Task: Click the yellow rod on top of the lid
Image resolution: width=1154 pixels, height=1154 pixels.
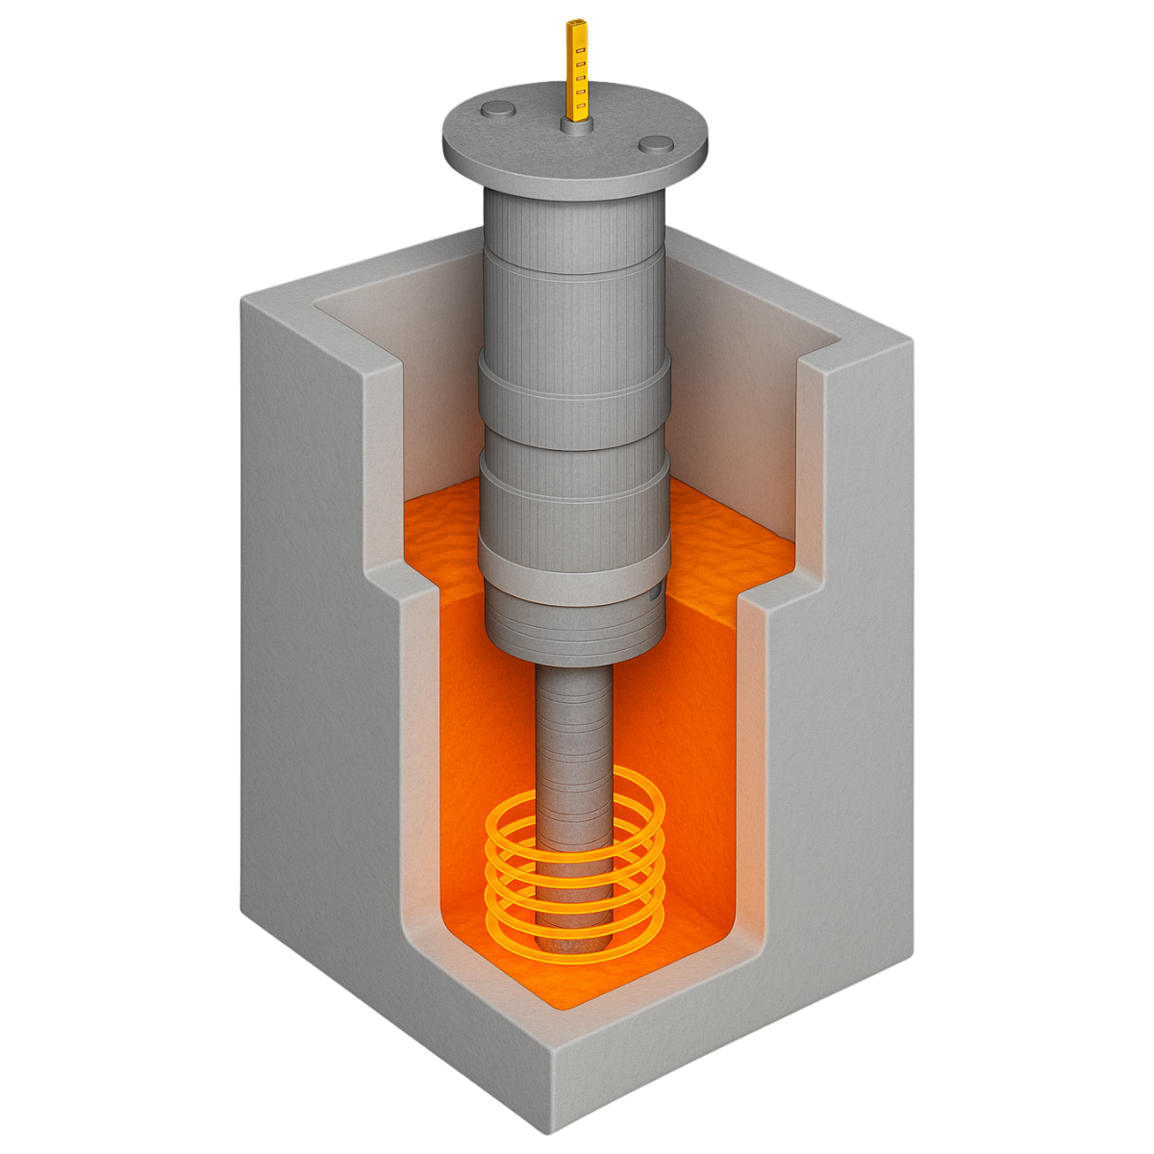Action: coord(577,72)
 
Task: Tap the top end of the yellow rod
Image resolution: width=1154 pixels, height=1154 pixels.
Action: coord(577,22)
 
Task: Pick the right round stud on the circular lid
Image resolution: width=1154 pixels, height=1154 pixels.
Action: coord(656,144)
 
